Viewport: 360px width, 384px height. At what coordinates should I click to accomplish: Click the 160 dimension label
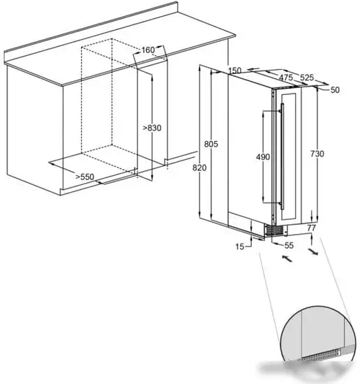149,50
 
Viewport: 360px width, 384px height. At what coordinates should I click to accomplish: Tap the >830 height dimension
152,128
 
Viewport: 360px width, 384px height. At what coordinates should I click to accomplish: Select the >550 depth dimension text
84,177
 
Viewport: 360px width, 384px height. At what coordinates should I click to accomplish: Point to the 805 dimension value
211,144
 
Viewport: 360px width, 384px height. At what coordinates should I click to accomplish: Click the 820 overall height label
200,168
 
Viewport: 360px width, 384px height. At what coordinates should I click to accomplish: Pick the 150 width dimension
234,71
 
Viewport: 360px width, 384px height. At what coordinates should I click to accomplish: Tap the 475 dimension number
286,77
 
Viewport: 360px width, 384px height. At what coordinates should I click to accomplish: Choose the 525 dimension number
307,77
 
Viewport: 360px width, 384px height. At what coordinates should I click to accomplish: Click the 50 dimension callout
335,90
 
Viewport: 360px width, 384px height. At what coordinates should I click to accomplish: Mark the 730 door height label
317,154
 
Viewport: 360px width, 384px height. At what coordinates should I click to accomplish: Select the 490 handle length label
263,156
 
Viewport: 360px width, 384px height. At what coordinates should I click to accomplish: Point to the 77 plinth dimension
311,228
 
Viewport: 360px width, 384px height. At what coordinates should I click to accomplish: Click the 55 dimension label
289,245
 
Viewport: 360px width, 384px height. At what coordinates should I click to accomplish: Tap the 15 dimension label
240,246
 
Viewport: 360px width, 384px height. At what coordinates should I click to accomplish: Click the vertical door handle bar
283,156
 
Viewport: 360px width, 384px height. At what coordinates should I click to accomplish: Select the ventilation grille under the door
274,231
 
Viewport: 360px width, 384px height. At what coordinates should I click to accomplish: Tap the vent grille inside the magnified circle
320,355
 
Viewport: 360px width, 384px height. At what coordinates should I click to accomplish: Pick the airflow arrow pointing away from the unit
313,252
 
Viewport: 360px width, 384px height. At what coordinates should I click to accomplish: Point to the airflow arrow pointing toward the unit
287,258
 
